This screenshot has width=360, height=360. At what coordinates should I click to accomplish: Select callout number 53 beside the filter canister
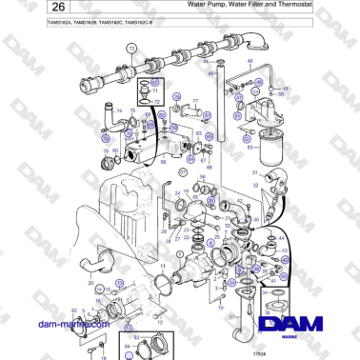pyautogui.click(x=276, y=148)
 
